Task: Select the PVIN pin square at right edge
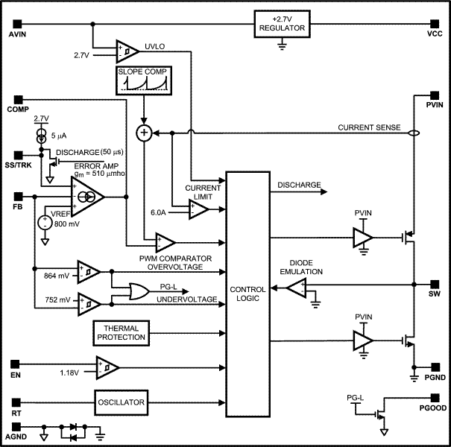click(435, 95)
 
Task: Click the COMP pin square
click(16, 99)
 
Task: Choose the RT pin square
click(16, 402)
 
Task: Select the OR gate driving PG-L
click(139, 291)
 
